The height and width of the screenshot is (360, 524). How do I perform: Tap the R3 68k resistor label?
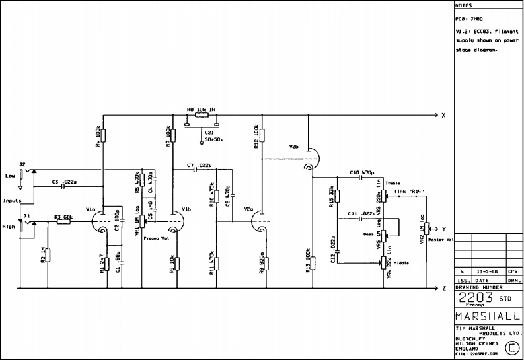63,217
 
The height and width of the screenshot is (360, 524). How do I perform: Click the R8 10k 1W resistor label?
202,110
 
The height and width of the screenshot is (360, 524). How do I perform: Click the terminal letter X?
444,115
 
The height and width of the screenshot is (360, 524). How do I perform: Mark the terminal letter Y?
444,229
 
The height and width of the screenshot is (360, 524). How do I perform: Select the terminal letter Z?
444,289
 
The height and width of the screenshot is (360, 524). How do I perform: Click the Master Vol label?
439,240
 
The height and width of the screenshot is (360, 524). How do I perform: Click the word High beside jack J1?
9,226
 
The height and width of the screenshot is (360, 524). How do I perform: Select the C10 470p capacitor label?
359,172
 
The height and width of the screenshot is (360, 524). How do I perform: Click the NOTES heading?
464,5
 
